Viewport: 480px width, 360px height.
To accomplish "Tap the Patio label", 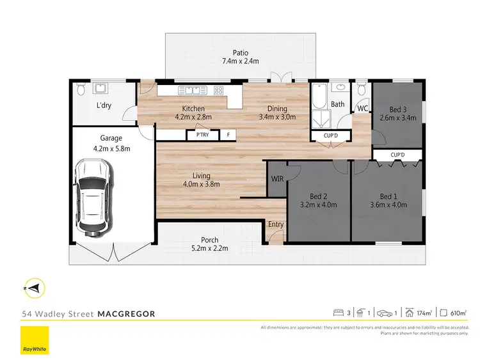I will coord(240,53).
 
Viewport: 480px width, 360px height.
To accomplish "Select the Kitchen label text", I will coord(193,108).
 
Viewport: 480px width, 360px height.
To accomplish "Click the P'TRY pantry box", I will coord(202,135).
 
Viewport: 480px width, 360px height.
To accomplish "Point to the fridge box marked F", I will coord(227,135).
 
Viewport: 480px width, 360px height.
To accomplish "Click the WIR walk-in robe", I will coord(277,178).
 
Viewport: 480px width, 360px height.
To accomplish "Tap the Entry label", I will coord(276,224).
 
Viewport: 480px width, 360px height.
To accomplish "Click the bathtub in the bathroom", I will coord(319,99).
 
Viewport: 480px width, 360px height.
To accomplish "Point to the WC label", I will coord(362,109).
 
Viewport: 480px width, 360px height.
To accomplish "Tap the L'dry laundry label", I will coord(103,106).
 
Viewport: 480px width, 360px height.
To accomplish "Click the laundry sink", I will coord(102,88).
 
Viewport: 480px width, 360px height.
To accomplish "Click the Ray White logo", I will coord(35,340).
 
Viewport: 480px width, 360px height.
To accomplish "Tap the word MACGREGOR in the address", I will coord(125,314).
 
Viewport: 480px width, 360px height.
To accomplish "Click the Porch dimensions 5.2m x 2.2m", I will coord(211,248).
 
